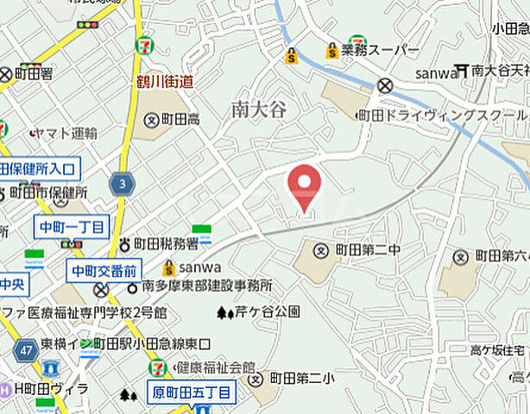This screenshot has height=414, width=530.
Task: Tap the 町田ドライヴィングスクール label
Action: pos(443,115)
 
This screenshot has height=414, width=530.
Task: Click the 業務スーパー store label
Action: pos(379,51)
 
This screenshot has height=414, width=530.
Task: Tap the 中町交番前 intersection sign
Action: pos(104,271)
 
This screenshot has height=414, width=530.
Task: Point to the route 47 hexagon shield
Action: pos(23,349)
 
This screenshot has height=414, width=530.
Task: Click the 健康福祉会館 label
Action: pos(215,367)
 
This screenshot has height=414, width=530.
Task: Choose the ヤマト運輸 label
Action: pos(69,134)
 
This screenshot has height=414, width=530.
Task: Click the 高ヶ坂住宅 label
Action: pos(497,349)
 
